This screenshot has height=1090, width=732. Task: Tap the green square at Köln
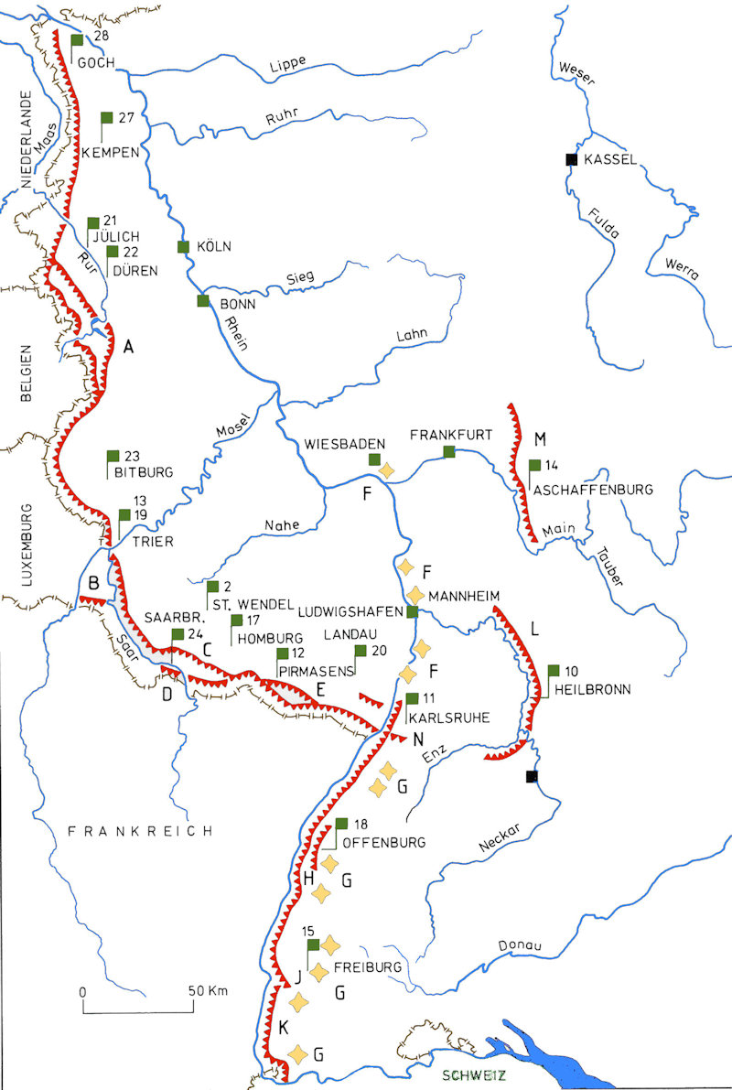183,246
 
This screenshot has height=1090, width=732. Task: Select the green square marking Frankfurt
449,451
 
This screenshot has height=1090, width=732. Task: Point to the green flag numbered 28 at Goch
78,39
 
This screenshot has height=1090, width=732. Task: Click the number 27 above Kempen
126,117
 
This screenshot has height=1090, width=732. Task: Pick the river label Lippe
287,63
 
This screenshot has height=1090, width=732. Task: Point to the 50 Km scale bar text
206,991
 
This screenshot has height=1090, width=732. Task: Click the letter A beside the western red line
128,346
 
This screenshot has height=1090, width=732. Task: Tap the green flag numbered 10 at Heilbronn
554,671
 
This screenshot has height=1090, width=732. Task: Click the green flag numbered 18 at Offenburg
342,823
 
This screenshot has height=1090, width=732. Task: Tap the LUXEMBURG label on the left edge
27,544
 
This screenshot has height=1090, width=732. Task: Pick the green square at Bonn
202,300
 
